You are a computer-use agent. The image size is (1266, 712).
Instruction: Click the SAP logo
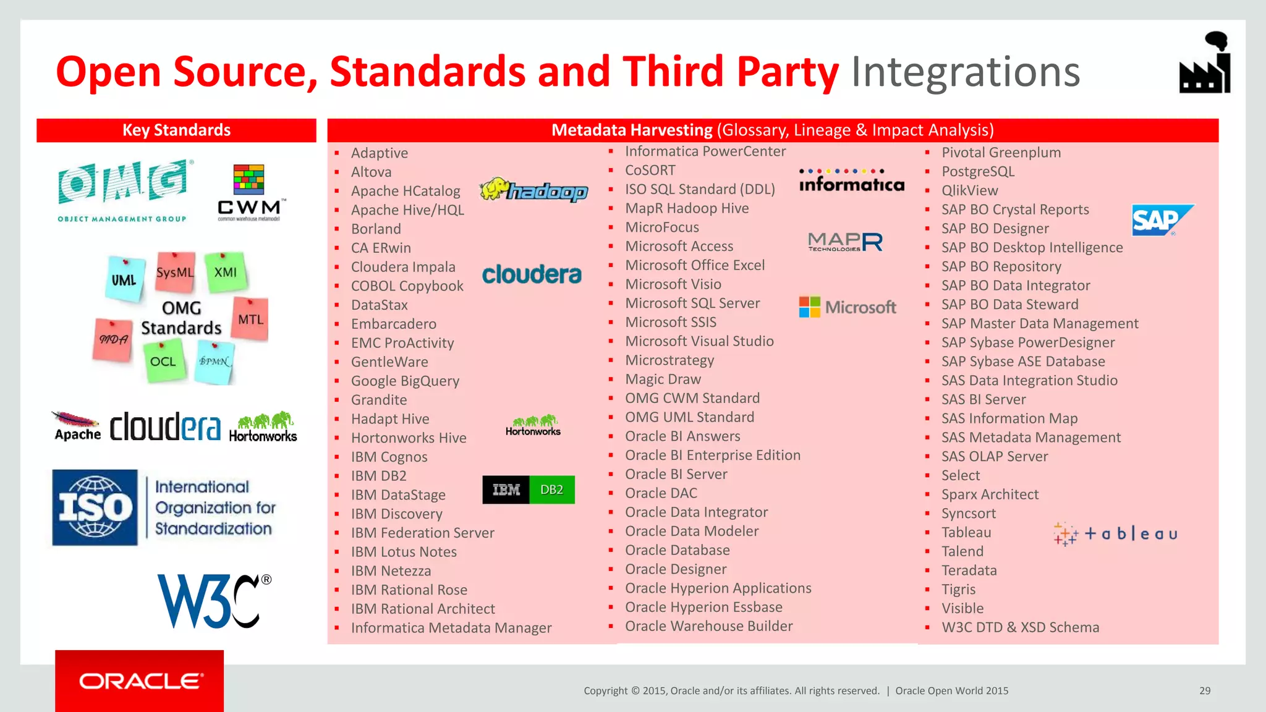click(x=1161, y=221)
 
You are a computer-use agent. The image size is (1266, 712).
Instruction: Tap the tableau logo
click(x=1115, y=533)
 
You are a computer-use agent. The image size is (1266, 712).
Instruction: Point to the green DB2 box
click(x=551, y=489)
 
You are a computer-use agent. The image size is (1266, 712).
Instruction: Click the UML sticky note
click(x=125, y=279)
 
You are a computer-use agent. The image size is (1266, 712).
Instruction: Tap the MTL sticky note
click(x=250, y=319)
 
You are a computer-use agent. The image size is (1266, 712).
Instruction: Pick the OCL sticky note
click(x=163, y=361)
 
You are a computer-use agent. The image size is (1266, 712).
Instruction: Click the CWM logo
click(x=250, y=192)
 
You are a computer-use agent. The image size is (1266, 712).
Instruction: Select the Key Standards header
click(x=176, y=130)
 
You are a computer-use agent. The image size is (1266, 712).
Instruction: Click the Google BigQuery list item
click(x=405, y=381)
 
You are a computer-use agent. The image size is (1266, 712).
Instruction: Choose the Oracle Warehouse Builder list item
click(x=708, y=626)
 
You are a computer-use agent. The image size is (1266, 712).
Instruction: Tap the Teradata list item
click(x=969, y=570)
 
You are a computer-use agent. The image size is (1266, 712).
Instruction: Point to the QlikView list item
click(x=969, y=190)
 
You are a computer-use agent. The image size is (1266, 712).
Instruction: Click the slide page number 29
click(x=1205, y=690)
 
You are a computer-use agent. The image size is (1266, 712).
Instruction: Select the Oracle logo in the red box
click(x=140, y=681)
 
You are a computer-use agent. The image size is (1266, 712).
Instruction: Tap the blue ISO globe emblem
click(x=95, y=507)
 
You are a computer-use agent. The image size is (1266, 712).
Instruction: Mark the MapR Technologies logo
click(x=845, y=242)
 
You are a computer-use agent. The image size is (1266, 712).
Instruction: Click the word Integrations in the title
click(x=965, y=72)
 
